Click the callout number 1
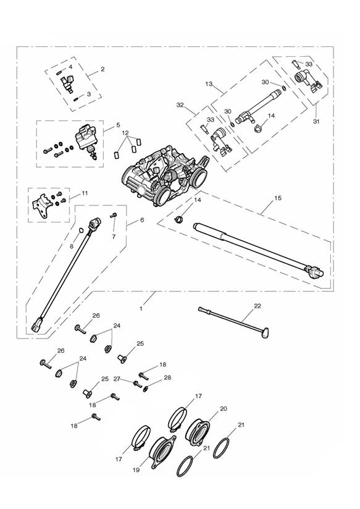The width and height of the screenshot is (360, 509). click(x=141, y=309)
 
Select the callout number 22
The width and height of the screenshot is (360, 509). click(x=257, y=306)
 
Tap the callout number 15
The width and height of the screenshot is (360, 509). click(x=278, y=198)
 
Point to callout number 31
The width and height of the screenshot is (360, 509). click(x=316, y=122)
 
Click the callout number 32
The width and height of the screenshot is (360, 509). click(x=180, y=105)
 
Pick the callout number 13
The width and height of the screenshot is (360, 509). click(x=209, y=83)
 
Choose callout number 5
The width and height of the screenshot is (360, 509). click(x=118, y=125)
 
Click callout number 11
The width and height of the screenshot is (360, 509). click(x=85, y=193)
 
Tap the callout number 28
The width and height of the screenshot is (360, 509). click(x=167, y=377)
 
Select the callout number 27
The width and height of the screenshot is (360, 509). click(x=117, y=379)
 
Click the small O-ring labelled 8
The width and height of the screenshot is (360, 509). click(x=81, y=230)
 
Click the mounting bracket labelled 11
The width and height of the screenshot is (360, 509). click(x=43, y=206)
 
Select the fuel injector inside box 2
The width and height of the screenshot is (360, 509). click(x=68, y=83)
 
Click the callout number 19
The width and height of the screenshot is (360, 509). click(x=136, y=469)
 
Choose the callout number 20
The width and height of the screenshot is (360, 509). click(x=224, y=409)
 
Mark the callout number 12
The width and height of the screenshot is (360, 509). click(x=125, y=133)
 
